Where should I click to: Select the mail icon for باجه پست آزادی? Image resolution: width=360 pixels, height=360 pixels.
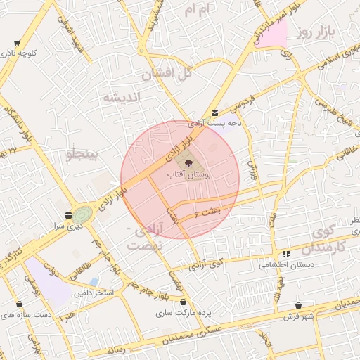click(x=214, y=112)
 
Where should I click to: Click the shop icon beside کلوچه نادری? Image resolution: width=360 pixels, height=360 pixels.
click(x=16, y=44)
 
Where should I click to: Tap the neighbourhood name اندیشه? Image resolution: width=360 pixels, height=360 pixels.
click(x=122, y=96)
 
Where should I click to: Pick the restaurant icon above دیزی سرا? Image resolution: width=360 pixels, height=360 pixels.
click(x=68, y=215)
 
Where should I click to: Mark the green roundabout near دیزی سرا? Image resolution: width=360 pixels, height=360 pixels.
click(x=82, y=214)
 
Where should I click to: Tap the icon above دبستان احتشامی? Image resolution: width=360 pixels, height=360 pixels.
click(x=285, y=254)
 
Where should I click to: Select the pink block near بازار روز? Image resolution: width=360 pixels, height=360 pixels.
click(x=276, y=33)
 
